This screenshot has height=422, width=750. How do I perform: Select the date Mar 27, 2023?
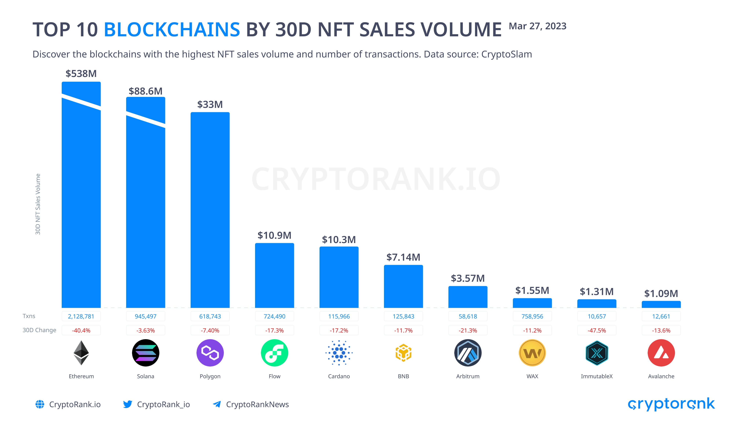click(x=537, y=26)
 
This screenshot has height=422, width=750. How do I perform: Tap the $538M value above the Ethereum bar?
click(x=81, y=73)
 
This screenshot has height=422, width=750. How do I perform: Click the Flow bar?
click(x=274, y=275)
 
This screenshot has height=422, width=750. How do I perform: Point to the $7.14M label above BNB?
click(x=403, y=257)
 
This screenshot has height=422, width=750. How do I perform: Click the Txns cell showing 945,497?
click(x=146, y=316)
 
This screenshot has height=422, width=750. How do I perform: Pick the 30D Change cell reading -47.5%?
click(x=597, y=330)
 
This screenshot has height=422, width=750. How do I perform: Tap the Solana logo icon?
click(x=146, y=353)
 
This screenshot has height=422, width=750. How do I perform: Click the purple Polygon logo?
click(x=210, y=353)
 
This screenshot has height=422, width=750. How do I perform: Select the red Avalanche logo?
click(x=661, y=353)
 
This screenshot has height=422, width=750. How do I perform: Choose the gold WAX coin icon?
click(x=532, y=353)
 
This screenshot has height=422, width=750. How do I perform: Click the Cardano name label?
click(x=339, y=376)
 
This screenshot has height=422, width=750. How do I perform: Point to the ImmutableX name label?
click(x=597, y=376)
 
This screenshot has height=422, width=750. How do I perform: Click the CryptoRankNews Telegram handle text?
click(x=257, y=404)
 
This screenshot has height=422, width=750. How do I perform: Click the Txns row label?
click(x=29, y=316)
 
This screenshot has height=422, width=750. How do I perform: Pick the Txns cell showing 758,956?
click(x=532, y=316)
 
